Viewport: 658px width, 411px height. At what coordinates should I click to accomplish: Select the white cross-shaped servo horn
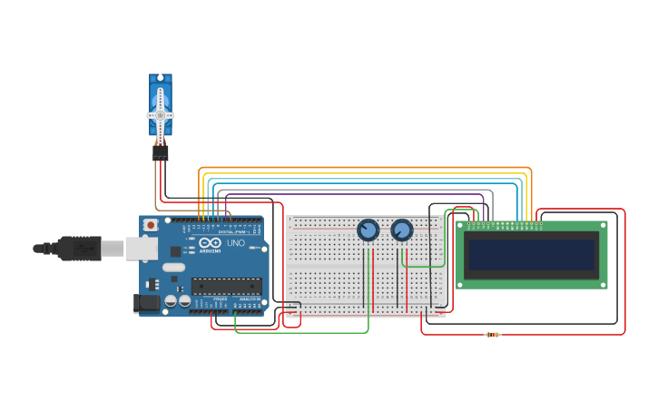(161, 115)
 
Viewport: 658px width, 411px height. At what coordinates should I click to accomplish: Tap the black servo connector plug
(161, 153)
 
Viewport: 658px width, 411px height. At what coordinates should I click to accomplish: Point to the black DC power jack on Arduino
(144, 303)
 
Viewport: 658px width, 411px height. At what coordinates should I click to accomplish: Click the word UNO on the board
(234, 243)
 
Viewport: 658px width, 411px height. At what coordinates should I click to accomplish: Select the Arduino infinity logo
(210, 243)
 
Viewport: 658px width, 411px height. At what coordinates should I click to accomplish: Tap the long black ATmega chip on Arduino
(226, 286)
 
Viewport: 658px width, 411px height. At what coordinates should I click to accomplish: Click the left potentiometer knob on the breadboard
(368, 230)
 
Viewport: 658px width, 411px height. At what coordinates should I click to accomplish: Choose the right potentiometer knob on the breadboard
(402, 230)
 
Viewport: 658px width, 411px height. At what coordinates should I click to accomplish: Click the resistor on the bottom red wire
(493, 335)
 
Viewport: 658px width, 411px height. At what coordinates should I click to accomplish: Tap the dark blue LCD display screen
(532, 255)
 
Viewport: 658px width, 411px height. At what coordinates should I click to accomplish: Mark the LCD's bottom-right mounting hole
(603, 284)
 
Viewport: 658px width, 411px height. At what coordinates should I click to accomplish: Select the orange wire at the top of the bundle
(363, 168)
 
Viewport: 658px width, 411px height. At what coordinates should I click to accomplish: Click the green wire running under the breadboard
(300, 332)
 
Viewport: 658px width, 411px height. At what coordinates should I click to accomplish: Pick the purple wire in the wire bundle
(363, 194)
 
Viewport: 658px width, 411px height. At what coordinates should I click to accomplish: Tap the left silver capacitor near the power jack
(171, 300)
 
